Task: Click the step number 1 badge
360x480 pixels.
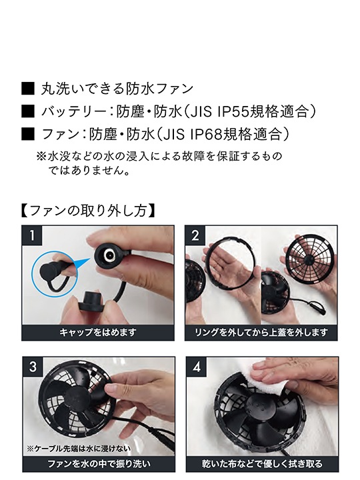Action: coord(31,235)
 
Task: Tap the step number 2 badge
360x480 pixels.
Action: coord(195,235)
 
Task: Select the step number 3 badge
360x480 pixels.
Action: coord(31,367)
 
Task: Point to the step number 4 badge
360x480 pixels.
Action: coord(195,367)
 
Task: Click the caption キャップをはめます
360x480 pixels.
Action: coord(97,331)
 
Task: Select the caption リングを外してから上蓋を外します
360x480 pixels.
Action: coord(261,331)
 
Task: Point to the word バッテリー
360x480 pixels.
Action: coord(71,111)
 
